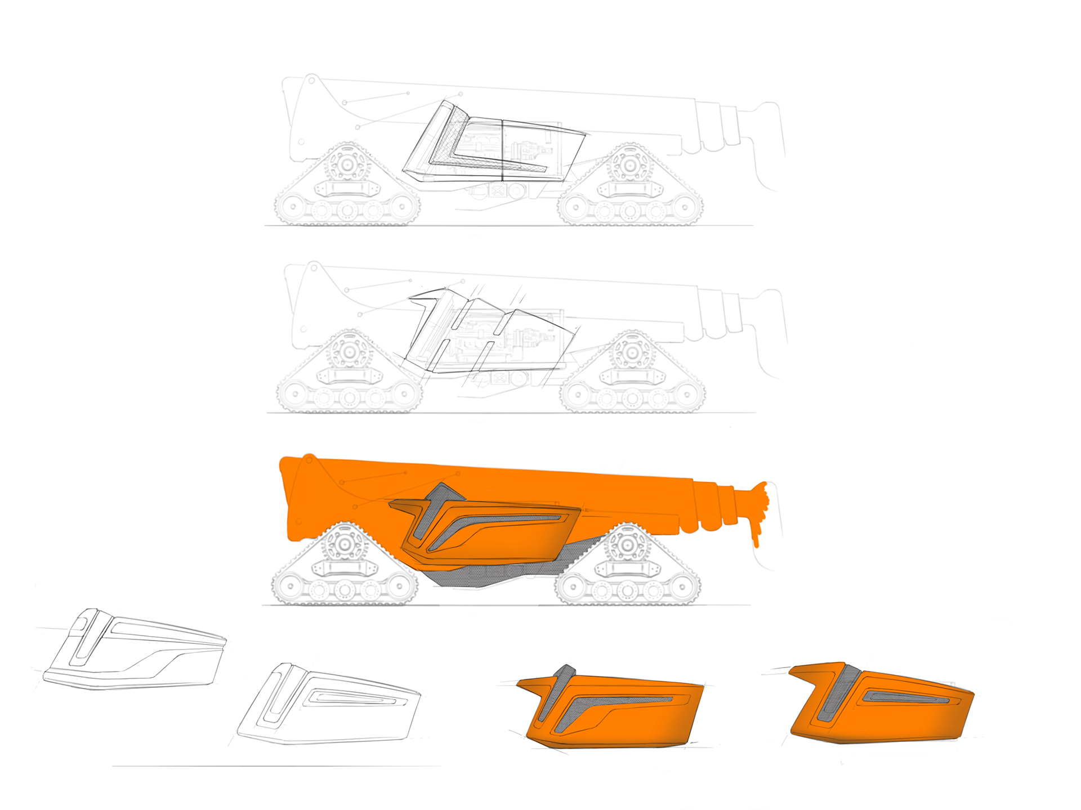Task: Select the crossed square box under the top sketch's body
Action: pos(497,191)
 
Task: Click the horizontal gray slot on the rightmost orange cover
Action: pos(906,699)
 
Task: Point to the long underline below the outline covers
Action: pos(276,766)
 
